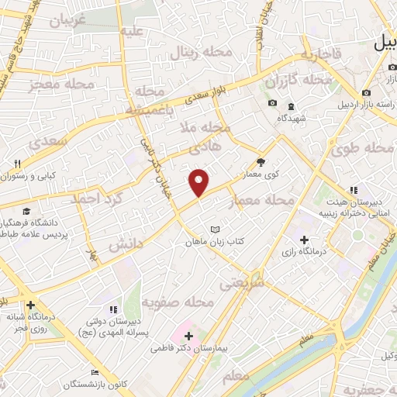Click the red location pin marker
[199, 181]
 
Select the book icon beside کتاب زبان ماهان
[215, 230]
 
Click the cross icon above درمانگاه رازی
[304, 241]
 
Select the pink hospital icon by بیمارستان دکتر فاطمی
[188, 337]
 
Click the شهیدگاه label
[291, 119]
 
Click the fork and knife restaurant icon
[16, 164]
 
